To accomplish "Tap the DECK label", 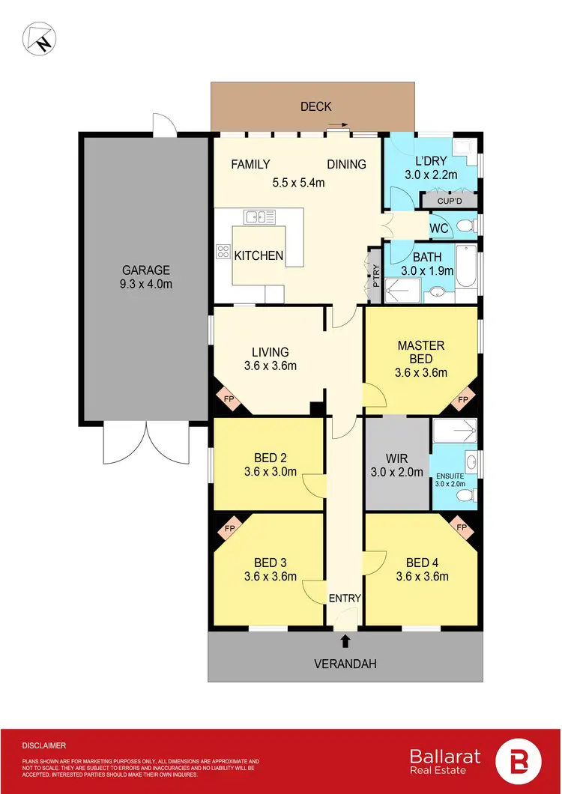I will coord(315,106).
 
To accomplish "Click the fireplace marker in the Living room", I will coord(225,399).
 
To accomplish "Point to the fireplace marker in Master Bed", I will coord(462,401).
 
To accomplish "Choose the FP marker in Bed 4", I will coord(462,529).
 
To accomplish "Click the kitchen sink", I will coord(259,216).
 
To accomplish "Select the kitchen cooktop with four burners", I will coord(223,252).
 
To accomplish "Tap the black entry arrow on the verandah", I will coord(345,640).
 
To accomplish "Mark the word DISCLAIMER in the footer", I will coord(44,746).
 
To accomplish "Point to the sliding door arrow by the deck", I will coord(338,127).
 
